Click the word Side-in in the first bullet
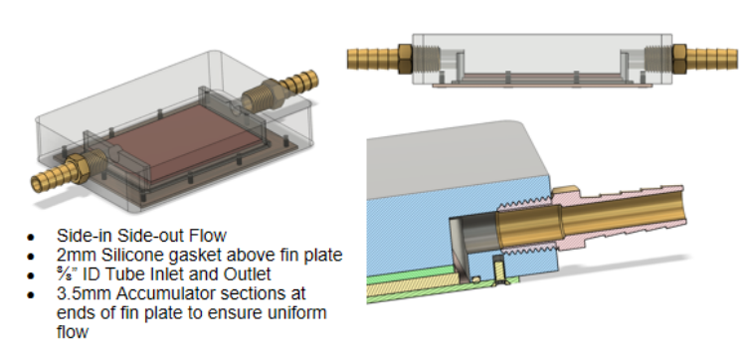85,236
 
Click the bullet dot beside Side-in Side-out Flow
31,237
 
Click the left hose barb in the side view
373,59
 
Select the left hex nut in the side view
405,59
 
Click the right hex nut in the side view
679,59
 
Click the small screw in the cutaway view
498,270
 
